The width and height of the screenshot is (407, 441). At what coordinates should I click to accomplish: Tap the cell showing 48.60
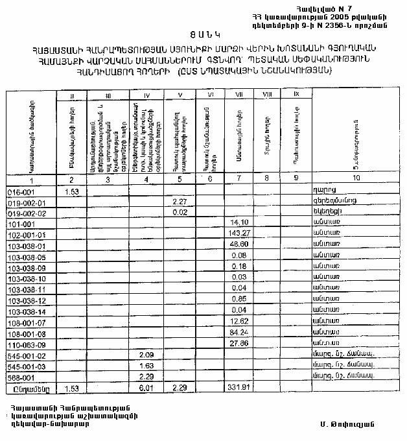click(240, 245)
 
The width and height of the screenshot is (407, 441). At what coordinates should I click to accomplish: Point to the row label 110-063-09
click(27, 344)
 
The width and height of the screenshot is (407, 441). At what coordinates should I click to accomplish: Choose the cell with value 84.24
click(240, 332)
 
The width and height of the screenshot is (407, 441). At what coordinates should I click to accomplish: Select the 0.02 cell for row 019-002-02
click(180, 212)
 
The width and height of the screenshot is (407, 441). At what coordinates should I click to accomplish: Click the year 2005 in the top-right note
click(346, 14)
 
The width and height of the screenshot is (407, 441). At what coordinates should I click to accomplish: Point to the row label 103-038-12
click(27, 300)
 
